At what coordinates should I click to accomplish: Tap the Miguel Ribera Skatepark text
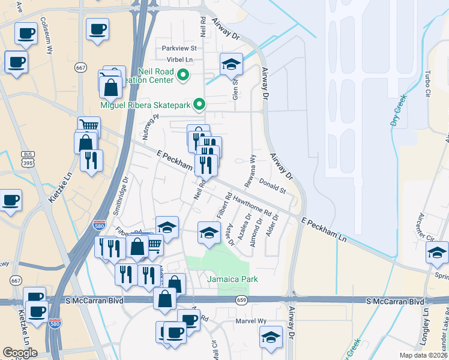point(145,105)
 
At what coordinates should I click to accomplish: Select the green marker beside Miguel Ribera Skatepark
point(200,105)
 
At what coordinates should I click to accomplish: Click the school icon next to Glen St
point(231,64)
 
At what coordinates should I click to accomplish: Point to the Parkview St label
point(179,48)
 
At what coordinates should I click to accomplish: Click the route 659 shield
point(241,299)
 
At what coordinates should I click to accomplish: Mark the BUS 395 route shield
point(26,158)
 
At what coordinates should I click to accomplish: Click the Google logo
point(20,352)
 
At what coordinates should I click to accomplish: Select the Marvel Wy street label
point(253,321)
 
